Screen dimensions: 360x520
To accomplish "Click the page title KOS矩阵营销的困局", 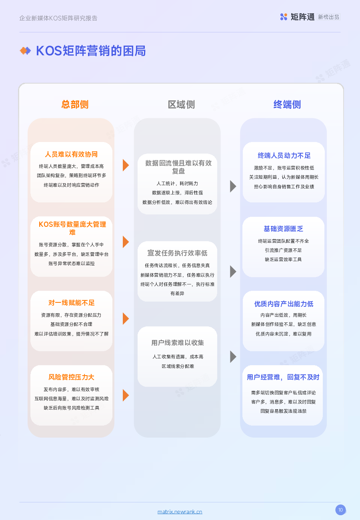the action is point(91,51).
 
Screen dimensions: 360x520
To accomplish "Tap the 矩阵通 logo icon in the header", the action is point(284,17).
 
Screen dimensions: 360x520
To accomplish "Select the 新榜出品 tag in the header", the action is point(329,17).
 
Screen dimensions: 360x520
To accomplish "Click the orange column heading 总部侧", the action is point(75,104).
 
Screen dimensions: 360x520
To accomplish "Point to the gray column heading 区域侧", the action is point(181,104).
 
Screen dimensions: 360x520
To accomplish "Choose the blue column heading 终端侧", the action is point(287,104).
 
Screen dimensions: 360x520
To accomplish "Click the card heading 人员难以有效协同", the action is point(71,154).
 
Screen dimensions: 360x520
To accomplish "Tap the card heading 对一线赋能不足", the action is point(72,303).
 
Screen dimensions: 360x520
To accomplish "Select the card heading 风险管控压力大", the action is point(71,377).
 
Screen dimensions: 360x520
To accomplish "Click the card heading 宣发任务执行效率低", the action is point(177,253).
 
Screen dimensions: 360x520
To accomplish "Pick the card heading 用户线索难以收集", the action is point(178,343).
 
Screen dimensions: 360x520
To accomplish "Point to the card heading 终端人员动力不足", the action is point(284,155).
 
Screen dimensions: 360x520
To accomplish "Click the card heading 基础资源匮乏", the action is point(284,229).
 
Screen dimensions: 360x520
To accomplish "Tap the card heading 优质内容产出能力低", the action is point(284,304).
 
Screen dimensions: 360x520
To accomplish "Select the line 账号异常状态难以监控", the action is point(72,263).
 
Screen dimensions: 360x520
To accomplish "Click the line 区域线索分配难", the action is point(178,366).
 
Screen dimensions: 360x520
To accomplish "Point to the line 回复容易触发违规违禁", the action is point(284,411).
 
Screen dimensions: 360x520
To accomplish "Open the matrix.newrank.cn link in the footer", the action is point(180,512).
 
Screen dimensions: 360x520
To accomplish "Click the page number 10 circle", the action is point(340,510).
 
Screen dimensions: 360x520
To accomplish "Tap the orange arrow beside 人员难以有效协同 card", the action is point(126,165).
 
